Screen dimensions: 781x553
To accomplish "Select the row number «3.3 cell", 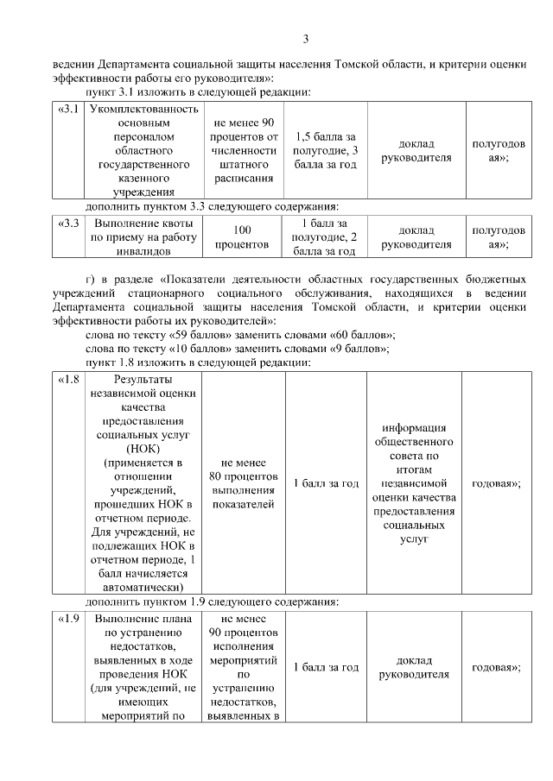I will coord(68,223).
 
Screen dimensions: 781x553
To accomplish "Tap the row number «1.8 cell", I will coord(68,381).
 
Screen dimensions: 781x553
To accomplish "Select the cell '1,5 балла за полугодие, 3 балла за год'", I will coord(325,150).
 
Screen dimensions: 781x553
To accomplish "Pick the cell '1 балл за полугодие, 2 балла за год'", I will coord(325,237).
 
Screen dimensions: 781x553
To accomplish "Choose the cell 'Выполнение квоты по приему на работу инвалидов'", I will coord(144,237).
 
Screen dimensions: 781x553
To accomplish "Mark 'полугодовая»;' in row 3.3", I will coord(496,237).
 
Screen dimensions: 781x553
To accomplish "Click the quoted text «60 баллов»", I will coord(359,334).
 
